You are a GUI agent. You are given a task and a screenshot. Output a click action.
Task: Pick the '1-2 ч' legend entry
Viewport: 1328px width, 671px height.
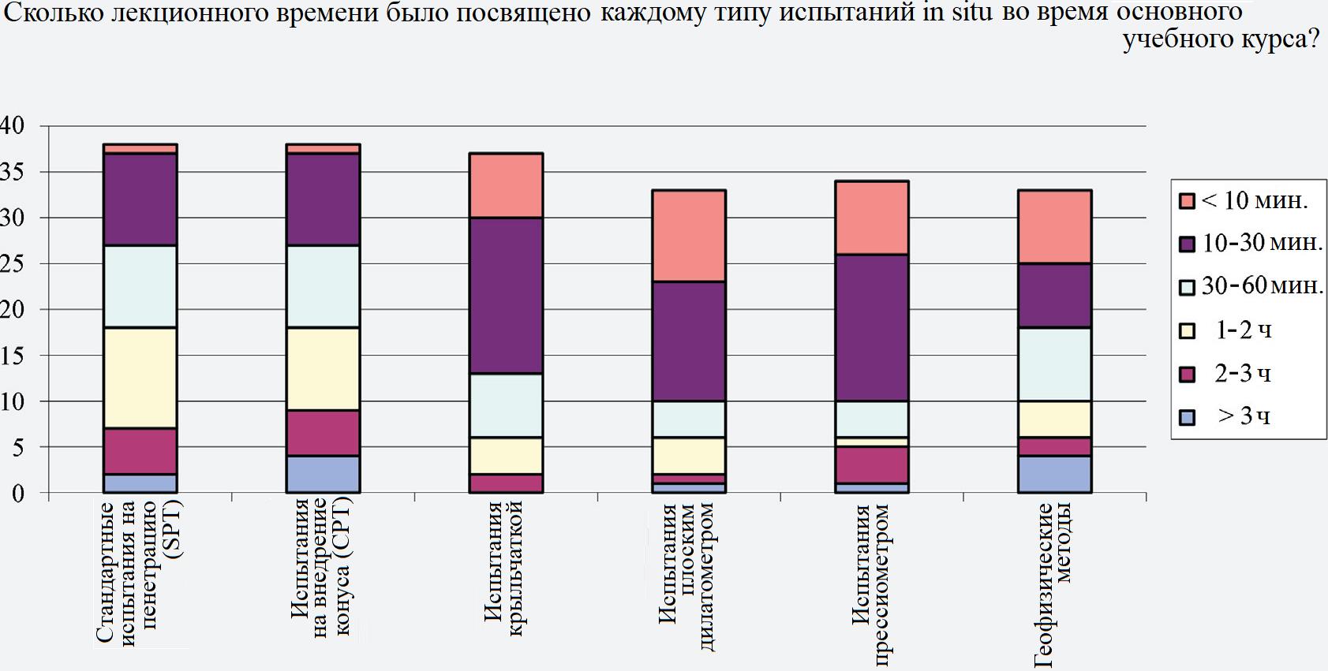tap(1233, 330)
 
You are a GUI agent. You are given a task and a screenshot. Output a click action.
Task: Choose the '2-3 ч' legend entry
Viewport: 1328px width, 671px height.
tap(1233, 373)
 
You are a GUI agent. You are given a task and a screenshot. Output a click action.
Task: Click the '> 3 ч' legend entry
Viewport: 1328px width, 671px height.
tap(1233, 416)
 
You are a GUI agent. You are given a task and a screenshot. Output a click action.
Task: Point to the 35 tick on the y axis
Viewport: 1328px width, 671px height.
tap(13, 172)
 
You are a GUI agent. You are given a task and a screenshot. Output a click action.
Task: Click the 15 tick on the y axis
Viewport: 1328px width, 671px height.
tap(13, 356)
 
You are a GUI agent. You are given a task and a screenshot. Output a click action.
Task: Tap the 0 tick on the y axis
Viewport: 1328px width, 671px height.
tap(18, 494)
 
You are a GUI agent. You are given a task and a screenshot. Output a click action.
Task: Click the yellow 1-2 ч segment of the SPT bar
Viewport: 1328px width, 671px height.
tap(140, 378)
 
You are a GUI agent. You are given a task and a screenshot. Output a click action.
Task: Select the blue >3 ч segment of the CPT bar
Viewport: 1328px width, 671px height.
tap(324, 475)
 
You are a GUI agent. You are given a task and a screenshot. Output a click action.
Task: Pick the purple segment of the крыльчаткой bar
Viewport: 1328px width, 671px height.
tap(507, 295)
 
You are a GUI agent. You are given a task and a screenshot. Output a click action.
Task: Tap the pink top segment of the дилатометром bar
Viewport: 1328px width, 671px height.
tap(689, 236)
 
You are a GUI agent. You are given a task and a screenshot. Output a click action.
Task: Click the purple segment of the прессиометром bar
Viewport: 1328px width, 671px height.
tap(872, 327)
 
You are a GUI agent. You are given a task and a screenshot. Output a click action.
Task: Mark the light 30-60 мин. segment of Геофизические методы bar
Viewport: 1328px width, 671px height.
tap(1055, 363)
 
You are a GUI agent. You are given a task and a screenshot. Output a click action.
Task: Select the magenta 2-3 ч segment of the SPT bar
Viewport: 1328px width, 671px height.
tap(140, 452)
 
